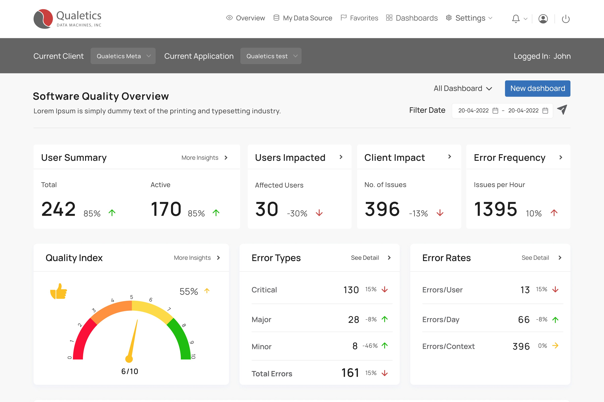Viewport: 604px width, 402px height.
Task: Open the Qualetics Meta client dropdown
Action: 123,56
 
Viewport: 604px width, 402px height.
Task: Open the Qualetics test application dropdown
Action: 271,56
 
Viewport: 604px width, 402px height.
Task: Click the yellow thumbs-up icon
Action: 59,291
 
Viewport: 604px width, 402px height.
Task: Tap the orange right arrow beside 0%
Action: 555,346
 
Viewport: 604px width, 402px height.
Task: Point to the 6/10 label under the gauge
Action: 130,371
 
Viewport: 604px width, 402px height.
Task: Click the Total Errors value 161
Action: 350,373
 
